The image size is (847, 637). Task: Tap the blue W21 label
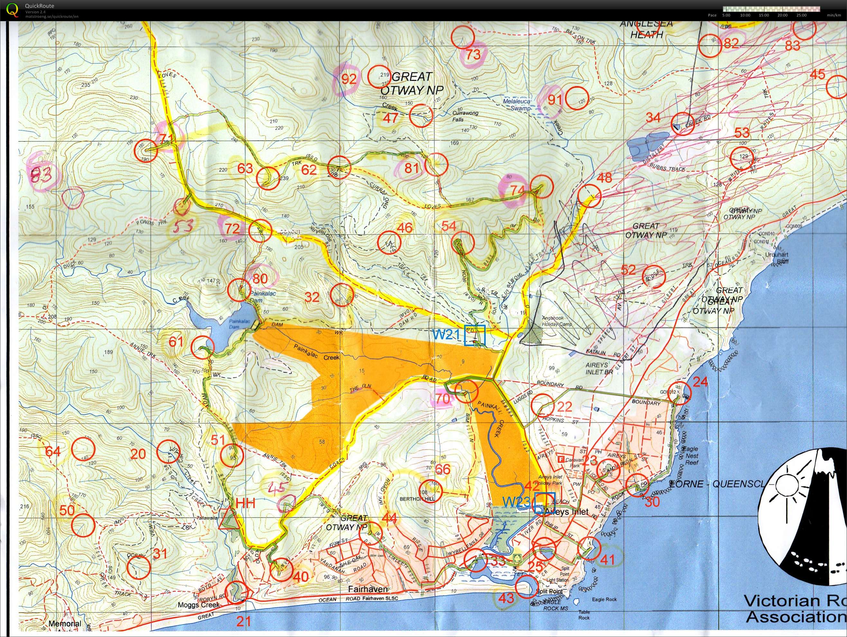pyautogui.click(x=446, y=334)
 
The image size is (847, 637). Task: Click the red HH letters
pyautogui.click(x=245, y=503)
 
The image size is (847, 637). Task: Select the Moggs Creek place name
pyautogui.click(x=199, y=605)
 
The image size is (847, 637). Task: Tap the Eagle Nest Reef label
pyautogui.click(x=691, y=456)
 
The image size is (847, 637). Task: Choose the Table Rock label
pyautogui.click(x=584, y=614)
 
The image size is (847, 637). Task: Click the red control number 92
pyautogui.click(x=349, y=79)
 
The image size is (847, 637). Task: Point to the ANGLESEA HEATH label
pyautogui.click(x=646, y=29)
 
